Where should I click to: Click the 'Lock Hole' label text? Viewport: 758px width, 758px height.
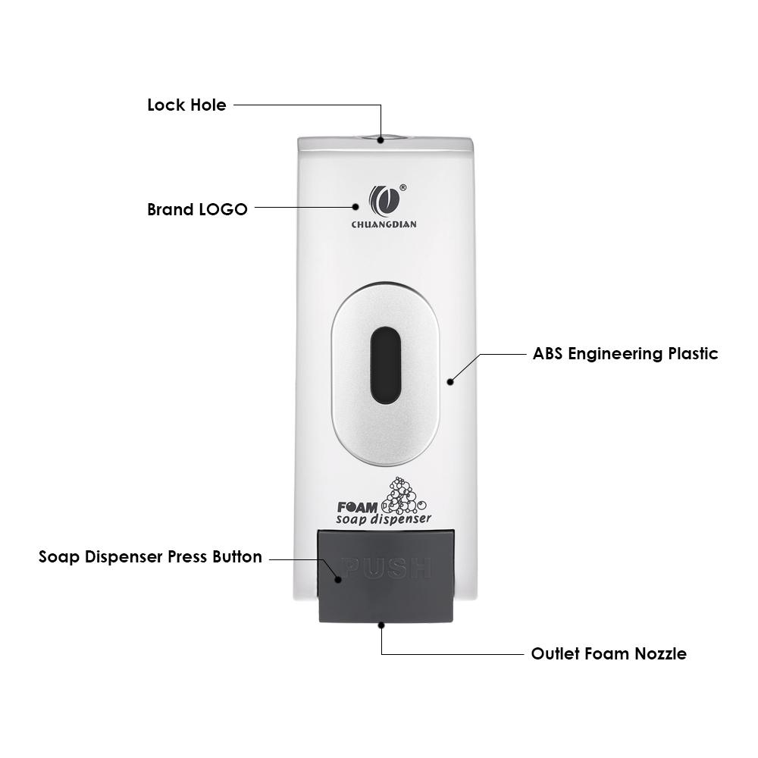(x=186, y=105)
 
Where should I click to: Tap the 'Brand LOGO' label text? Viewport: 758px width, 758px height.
(x=197, y=209)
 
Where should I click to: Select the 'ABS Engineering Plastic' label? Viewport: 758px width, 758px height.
(x=625, y=353)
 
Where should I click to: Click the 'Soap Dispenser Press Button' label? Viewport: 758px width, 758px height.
(x=150, y=556)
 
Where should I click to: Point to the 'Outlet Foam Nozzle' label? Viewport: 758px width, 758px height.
(x=609, y=653)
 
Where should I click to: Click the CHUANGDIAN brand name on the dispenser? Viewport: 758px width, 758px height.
(x=384, y=224)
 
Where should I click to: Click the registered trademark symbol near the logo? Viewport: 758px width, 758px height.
(x=402, y=187)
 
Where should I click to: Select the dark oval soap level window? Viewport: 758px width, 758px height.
(x=385, y=365)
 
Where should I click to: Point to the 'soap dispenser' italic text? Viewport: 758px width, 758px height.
(x=384, y=519)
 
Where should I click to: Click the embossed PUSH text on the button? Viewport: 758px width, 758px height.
(x=387, y=568)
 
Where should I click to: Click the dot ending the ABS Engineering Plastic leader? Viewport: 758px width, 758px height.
(x=450, y=381)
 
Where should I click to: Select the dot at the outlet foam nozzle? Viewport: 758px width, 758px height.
(x=381, y=625)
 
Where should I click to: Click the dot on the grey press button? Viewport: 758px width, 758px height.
(x=338, y=580)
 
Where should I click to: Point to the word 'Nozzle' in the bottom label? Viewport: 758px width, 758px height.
(x=659, y=653)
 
